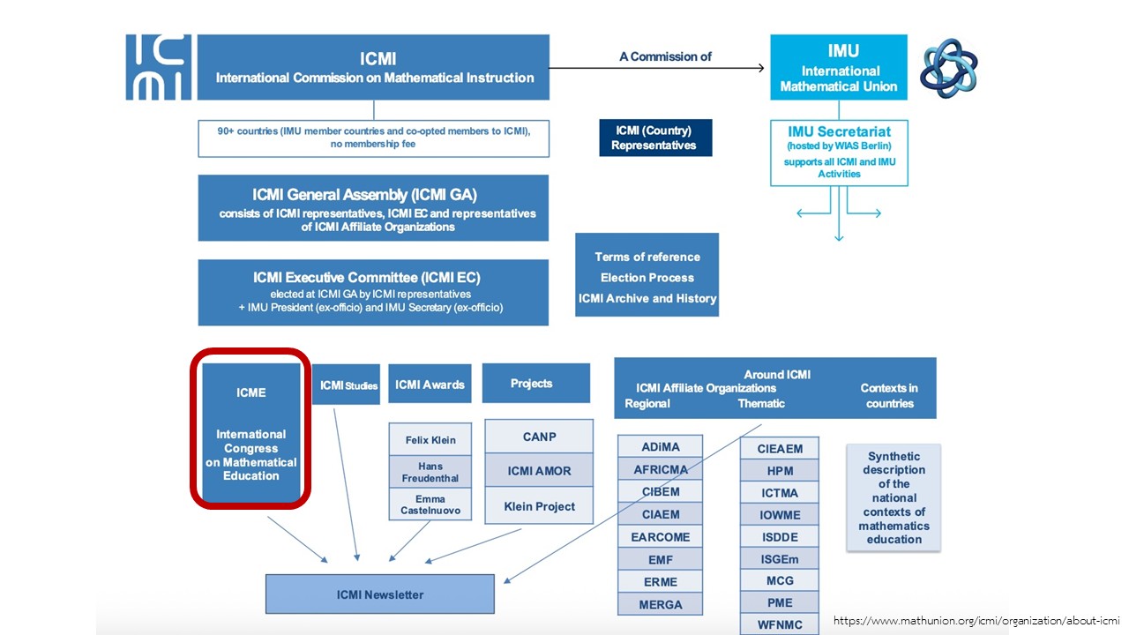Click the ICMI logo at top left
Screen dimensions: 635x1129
pyautogui.click(x=159, y=67)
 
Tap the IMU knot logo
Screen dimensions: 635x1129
pyautogui.click(x=948, y=67)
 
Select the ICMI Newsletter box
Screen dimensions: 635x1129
pyautogui.click(x=380, y=594)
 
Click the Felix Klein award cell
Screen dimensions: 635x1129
pyautogui.click(x=430, y=439)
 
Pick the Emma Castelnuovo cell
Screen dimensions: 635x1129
pyautogui.click(x=430, y=504)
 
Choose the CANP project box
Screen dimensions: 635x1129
pyautogui.click(x=539, y=437)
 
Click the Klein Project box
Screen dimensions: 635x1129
pyautogui.click(x=539, y=506)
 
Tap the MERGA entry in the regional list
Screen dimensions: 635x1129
pyautogui.click(x=661, y=604)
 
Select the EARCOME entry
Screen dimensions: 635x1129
pyautogui.click(x=661, y=536)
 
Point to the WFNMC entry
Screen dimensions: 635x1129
pyautogui.click(x=780, y=625)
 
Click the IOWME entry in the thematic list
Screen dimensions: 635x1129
pyautogui.click(x=780, y=515)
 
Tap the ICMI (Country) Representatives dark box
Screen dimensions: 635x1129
pyautogui.click(x=655, y=138)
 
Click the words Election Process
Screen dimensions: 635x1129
pyautogui.click(x=647, y=278)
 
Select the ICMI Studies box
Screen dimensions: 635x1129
pyautogui.click(x=347, y=385)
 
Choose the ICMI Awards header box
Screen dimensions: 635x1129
pyautogui.click(x=430, y=384)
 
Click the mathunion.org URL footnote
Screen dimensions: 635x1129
pyautogui.click(x=976, y=621)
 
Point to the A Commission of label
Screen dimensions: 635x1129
pyautogui.click(x=665, y=56)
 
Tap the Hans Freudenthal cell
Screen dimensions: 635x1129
pyautogui.click(x=430, y=472)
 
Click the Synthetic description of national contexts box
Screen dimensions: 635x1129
pyautogui.click(x=893, y=497)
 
